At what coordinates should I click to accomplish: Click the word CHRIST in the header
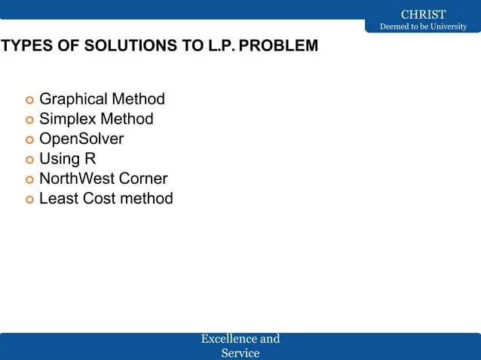tap(423, 14)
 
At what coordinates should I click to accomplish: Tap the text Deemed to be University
tap(423, 28)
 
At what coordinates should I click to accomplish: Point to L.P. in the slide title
tap(220, 46)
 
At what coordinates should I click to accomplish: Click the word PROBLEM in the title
tap(279, 46)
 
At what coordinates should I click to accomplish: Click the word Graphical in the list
tap(72, 99)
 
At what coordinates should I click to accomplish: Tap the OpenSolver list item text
tap(81, 139)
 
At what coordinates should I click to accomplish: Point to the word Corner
tap(142, 178)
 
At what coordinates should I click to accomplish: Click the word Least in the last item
tap(58, 199)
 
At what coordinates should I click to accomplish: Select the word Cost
tap(98, 199)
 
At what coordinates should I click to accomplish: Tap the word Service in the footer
tap(240, 352)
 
